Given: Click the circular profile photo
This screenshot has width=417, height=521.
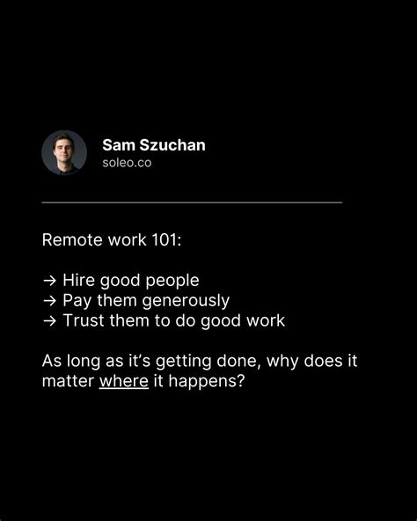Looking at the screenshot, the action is click(x=64, y=152).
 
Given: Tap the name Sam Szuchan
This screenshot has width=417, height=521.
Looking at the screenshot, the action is click(x=154, y=145).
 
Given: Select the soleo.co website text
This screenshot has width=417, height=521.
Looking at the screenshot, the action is click(x=127, y=163).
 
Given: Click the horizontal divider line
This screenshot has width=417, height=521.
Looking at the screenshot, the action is click(x=192, y=202).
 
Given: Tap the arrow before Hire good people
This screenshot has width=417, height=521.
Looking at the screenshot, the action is click(x=49, y=281).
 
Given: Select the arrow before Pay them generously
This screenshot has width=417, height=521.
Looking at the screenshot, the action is click(x=49, y=301).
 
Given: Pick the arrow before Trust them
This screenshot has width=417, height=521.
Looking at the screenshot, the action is click(x=49, y=321).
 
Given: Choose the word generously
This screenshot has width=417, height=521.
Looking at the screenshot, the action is click(x=186, y=302).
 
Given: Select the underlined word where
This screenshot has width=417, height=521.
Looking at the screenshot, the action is click(x=124, y=381).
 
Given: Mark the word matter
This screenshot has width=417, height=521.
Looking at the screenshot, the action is click(x=68, y=381).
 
